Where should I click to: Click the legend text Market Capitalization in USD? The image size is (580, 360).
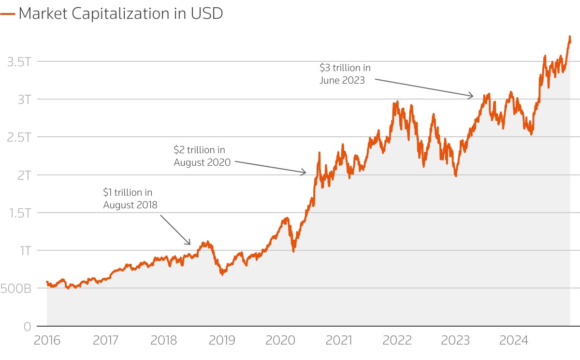click(x=120, y=14)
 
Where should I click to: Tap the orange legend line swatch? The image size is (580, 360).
click(x=8, y=14)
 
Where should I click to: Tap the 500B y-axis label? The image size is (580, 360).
click(x=16, y=288)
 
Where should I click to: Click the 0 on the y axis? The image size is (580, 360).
click(x=28, y=326)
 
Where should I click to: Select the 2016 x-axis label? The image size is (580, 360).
click(x=47, y=340)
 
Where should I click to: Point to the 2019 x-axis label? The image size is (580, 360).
click(x=222, y=340)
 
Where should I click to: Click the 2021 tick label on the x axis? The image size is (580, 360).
click(x=339, y=340)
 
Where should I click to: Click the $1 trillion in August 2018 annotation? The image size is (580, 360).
click(x=130, y=199)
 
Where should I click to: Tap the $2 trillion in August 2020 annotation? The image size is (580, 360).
click(x=202, y=157)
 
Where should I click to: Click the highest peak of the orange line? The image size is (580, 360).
click(x=569, y=37)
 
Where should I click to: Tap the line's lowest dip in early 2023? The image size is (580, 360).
click(x=455, y=175)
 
